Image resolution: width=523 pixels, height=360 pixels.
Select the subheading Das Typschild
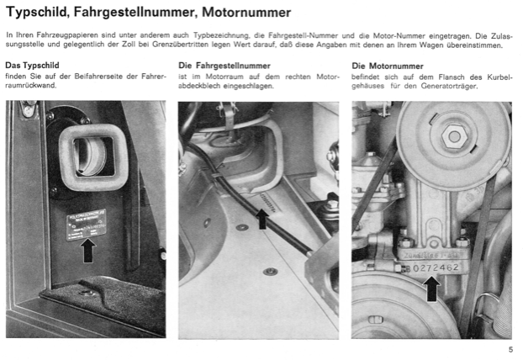pos(31,65)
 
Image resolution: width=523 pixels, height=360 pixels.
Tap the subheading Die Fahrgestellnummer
pos(224,65)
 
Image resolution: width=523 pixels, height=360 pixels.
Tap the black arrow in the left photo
pos(88,248)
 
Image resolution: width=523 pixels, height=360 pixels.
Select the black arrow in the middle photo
pos(262,218)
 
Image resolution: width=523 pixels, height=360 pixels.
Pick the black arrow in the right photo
pos(432,289)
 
